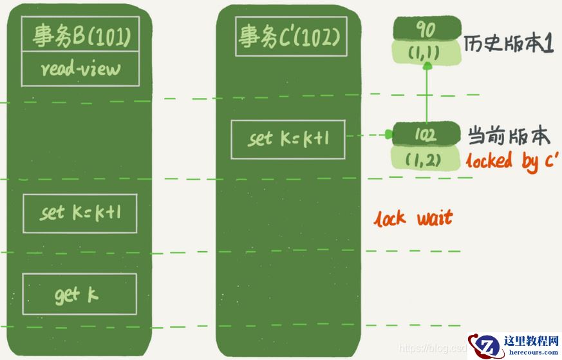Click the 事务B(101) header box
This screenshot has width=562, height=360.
(80, 37)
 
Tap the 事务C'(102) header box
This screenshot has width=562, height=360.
(288, 37)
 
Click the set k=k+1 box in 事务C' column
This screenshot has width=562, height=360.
(288, 139)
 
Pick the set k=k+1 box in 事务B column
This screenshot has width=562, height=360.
(80, 213)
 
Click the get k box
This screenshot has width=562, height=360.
(79, 295)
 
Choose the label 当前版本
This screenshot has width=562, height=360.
(509, 136)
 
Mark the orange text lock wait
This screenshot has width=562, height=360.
(414, 218)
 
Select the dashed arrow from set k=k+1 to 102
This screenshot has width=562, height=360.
(368, 135)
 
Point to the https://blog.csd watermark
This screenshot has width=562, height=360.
(433, 348)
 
